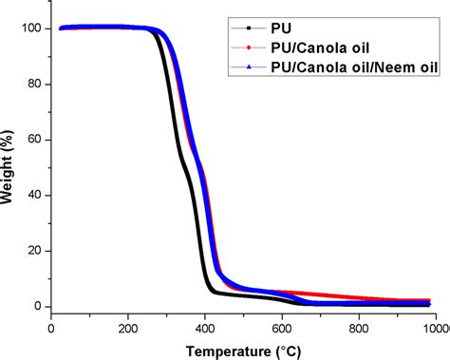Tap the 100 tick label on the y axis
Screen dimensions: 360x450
pos(32,28)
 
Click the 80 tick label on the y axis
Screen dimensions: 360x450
pos(35,85)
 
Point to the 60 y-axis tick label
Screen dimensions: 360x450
pos(35,140)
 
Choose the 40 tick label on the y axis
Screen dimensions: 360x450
pos(35,196)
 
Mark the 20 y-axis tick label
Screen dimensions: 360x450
pos(35,251)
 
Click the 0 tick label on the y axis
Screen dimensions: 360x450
pos(39,307)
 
